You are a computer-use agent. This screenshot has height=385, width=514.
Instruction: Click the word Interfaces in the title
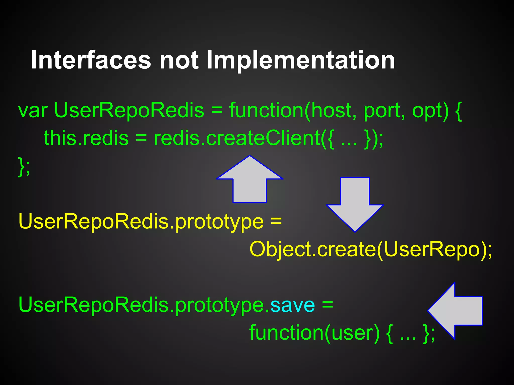pyautogui.click(x=91, y=60)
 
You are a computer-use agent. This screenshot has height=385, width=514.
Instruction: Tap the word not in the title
pyautogui.click(x=179, y=60)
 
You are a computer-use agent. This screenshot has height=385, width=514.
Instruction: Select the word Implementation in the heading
pyautogui.click(x=300, y=60)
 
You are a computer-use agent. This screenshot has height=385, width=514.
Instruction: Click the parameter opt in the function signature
pyautogui.click(x=430, y=111)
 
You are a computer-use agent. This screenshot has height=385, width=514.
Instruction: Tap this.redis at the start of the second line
pyautogui.click(x=86, y=138)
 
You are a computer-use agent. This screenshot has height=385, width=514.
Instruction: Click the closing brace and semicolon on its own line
pyautogui.click(x=24, y=166)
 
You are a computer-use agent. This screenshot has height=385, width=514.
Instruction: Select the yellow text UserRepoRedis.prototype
pyautogui.click(x=141, y=222)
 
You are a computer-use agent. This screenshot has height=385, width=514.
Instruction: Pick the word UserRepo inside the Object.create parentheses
pyautogui.click(x=432, y=249)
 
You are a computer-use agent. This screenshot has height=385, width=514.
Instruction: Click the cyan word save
pyautogui.click(x=292, y=305)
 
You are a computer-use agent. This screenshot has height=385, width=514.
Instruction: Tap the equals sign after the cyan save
pyautogui.click(x=328, y=305)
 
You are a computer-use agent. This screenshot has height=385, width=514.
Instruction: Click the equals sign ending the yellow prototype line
pyautogui.click(x=276, y=222)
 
